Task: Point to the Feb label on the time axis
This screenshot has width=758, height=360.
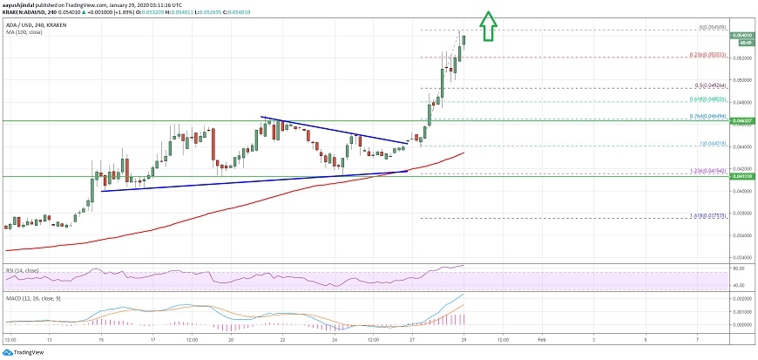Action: click(x=541, y=340)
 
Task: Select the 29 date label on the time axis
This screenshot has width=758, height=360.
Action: click(x=463, y=340)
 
